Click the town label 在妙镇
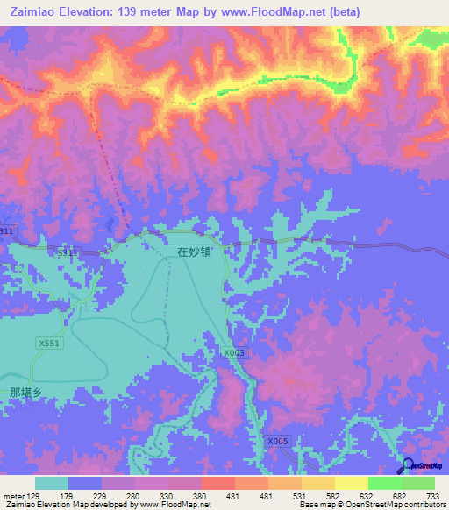[194, 251]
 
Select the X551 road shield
[49, 344]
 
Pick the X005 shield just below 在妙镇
[232, 352]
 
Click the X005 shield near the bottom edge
[278, 441]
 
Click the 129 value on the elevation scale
[35, 495]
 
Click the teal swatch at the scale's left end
[52, 483]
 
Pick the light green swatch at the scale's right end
[418, 483]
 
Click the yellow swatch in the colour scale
[352, 483]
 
